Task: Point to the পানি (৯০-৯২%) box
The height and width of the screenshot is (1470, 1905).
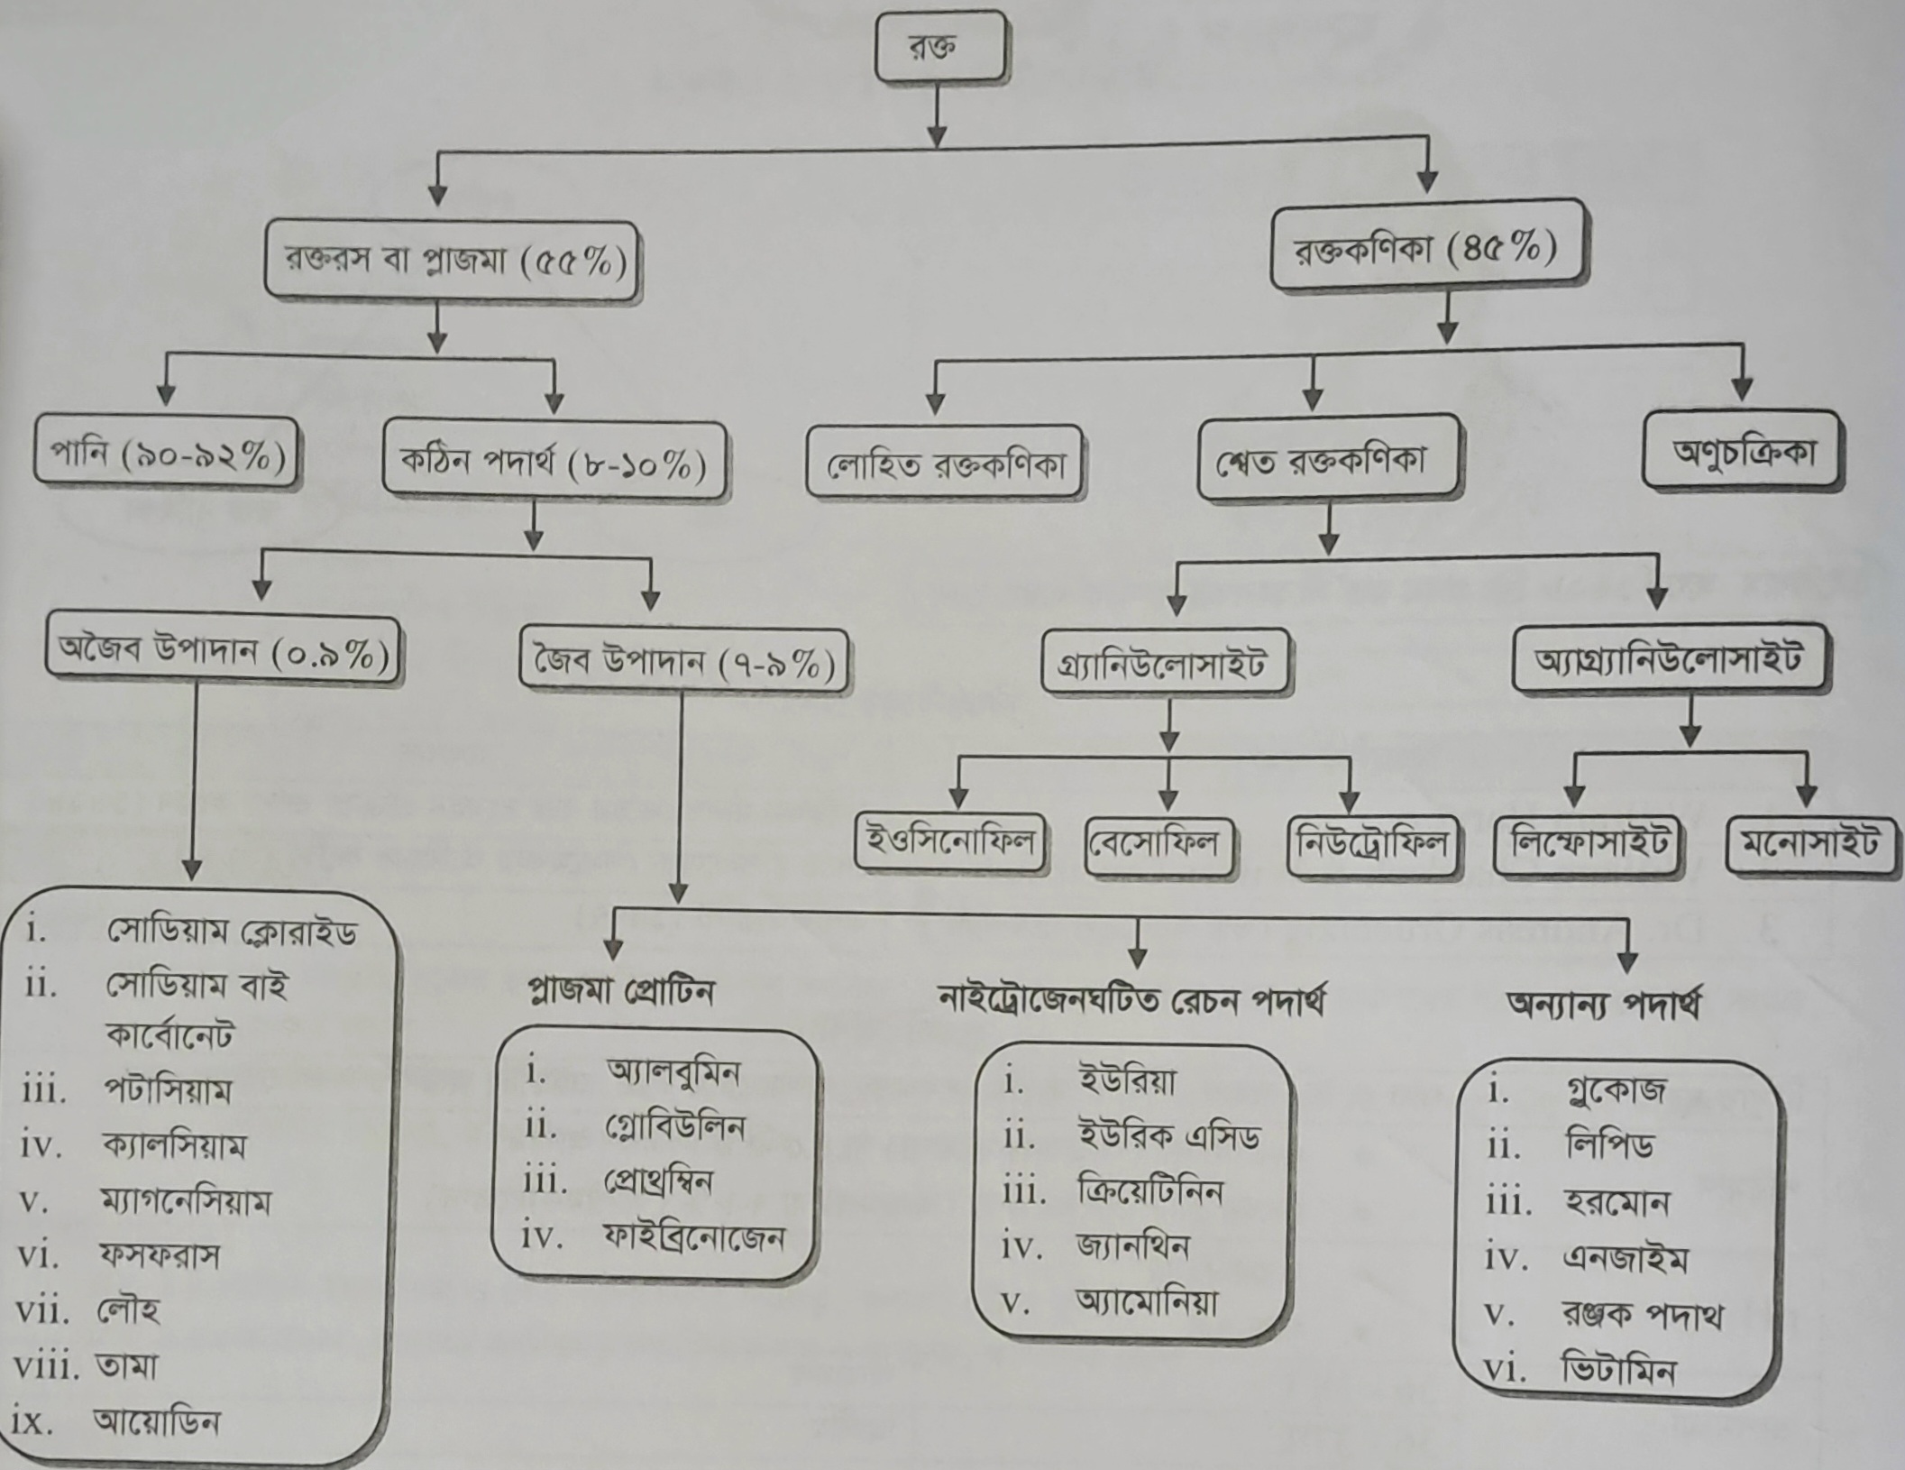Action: point(166,455)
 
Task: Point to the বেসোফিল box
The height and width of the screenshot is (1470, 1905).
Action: point(1159,845)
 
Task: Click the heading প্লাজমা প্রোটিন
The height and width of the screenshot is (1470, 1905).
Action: point(621,992)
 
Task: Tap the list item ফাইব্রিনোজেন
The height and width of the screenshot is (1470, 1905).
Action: point(693,1237)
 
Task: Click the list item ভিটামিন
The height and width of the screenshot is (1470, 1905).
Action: point(1619,1372)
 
